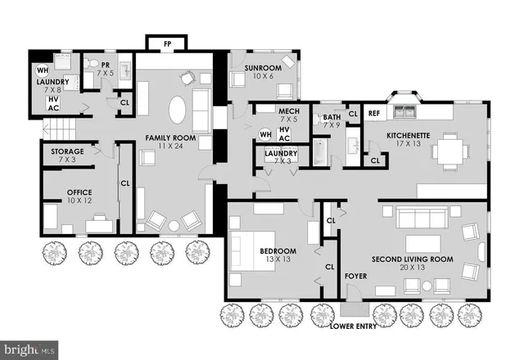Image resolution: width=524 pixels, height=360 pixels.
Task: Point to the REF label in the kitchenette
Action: pyautogui.click(x=374, y=114)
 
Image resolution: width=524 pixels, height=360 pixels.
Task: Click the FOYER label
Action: pyautogui.click(x=355, y=288)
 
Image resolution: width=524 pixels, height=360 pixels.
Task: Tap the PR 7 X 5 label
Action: pyautogui.click(x=105, y=69)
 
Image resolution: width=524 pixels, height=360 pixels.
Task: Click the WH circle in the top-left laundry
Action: pyautogui.click(x=42, y=70)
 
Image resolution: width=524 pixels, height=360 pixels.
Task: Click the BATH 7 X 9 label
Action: pyautogui.click(x=331, y=121)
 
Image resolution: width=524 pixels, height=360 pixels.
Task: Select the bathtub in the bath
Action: pyautogui.click(x=316, y=153)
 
